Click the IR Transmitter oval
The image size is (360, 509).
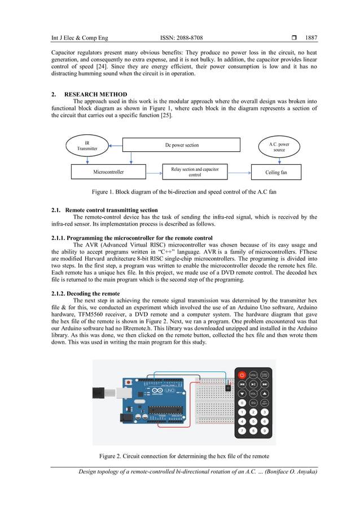(x=87, y=146)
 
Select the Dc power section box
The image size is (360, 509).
(x=182, y=145)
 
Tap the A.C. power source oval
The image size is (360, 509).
(x=279, y=147)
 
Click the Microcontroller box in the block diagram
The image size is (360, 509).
(x=108, y=172)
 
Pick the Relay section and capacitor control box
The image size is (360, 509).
(x=195, y=172)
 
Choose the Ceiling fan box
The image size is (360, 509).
(x=276, y=172)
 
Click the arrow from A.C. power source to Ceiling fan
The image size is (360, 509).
(x=279, y=160)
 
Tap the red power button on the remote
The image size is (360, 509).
(x=242, y=375)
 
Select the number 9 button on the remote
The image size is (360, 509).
(x=264, y=431)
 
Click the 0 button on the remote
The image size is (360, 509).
(x=242, y=403)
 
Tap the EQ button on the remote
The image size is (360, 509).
(x=253, y=403)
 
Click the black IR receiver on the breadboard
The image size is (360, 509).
(x=228, y=388)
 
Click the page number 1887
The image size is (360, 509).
(x=311, y=38)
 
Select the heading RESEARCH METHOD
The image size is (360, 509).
(x=95, y=94)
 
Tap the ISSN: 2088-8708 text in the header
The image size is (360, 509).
(x=181, y=38)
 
